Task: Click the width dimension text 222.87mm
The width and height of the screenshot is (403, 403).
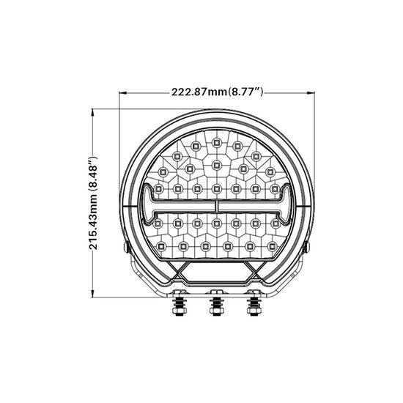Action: pyautogui.click(x=199, y=92)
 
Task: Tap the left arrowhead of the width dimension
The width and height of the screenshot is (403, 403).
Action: pyautogui.click(x=123, y=92)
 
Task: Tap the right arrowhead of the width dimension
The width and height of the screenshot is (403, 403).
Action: pyautogui.click(x=311, y=92)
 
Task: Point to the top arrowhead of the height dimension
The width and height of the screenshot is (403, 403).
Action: pyautogui.click(x=92, y=113)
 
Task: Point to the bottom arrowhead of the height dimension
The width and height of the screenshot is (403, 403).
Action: pyautogui.click(x=92, y=294)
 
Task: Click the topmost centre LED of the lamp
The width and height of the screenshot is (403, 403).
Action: pyautogui.click(x=217, y=142)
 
